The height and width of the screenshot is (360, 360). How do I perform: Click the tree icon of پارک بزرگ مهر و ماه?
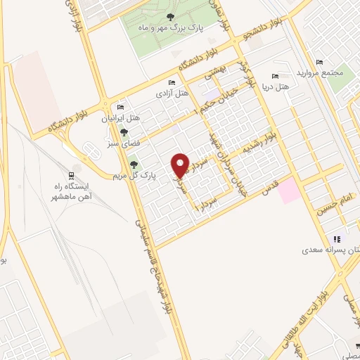169,16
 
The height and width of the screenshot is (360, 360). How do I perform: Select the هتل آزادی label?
172,93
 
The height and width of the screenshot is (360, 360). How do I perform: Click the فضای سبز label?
124,142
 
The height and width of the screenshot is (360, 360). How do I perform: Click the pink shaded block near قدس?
289,192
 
